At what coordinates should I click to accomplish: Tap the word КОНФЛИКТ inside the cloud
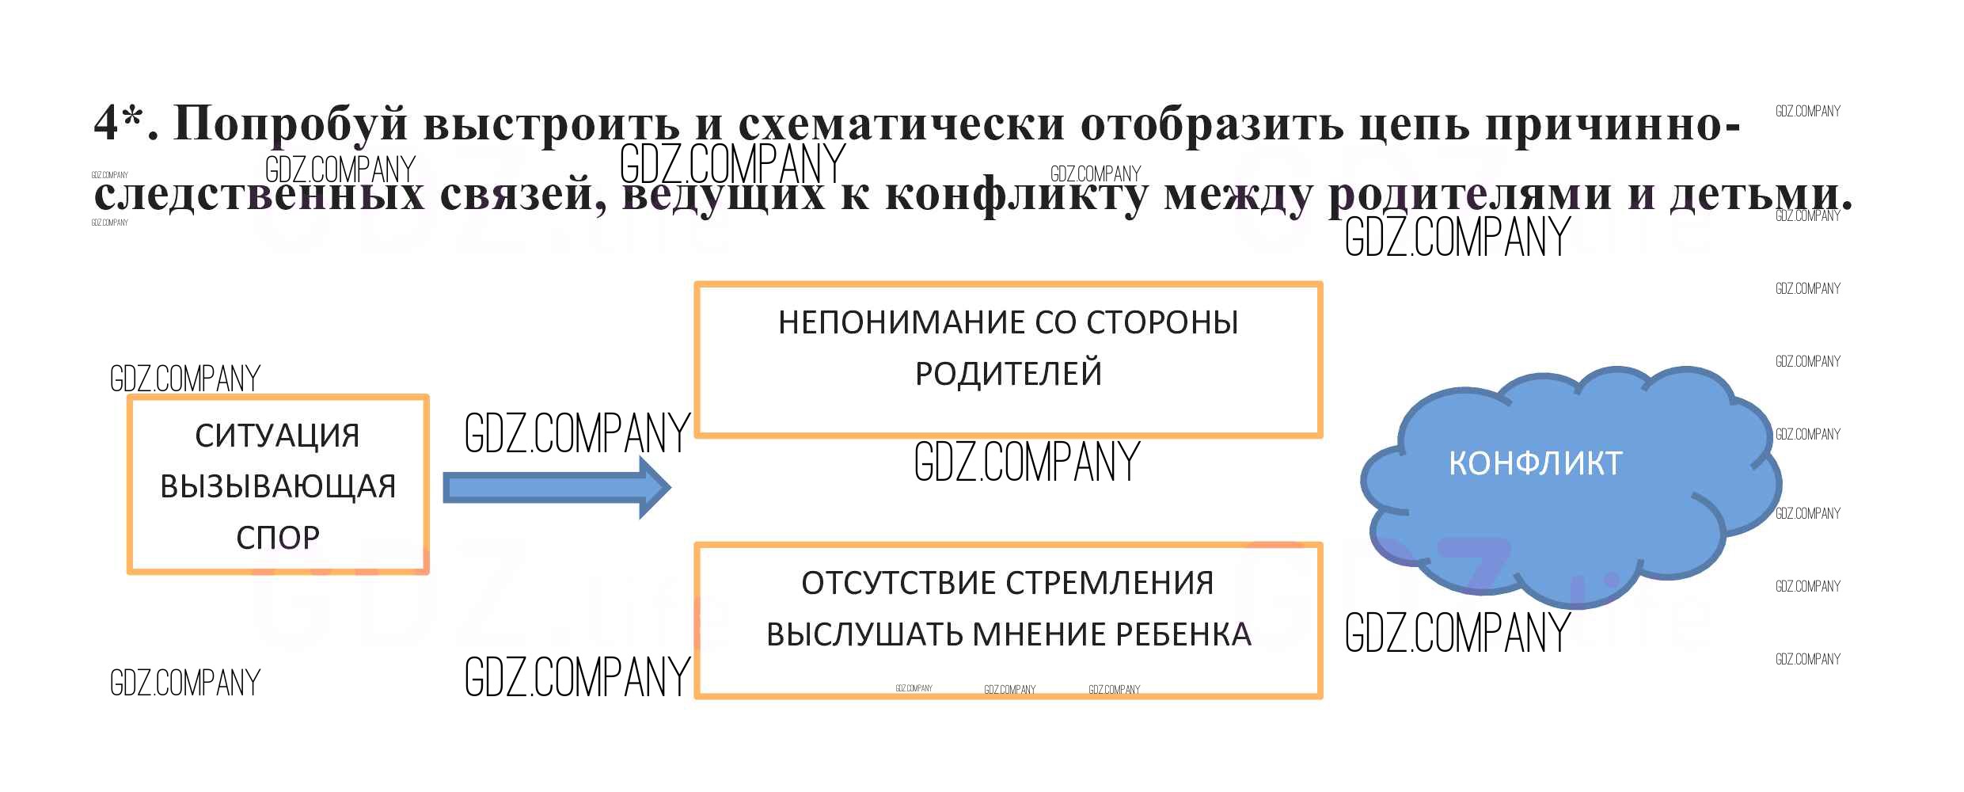tap(1535, 463)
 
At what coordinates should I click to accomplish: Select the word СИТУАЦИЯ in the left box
tap(278, 436)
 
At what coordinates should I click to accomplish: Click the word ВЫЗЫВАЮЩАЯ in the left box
tap(278, 486)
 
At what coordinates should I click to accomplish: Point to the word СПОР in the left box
tap(278, 538)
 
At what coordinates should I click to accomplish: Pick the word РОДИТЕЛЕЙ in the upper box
tap(1009, 374)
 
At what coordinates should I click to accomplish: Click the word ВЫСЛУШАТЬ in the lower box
tap(862, 634)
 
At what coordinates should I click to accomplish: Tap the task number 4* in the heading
tap(120, 124)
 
